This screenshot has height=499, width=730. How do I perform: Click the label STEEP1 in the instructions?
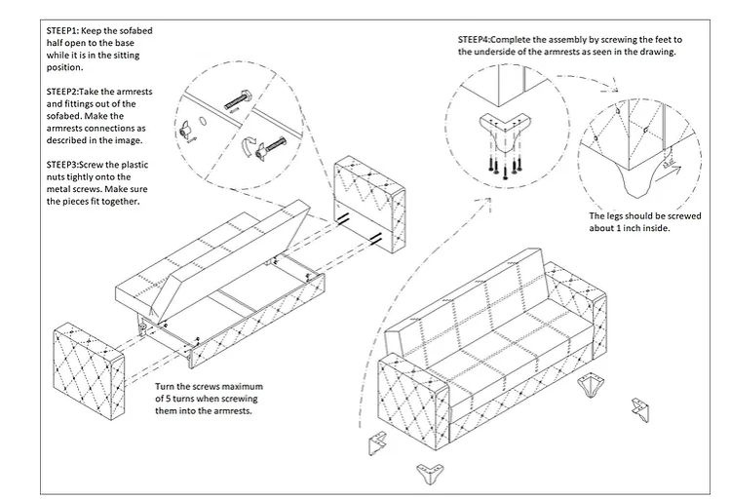63,31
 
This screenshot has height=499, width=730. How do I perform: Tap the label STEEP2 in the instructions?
62,92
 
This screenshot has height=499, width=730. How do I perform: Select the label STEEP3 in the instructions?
62,165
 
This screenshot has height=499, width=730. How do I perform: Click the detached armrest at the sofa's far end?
369,204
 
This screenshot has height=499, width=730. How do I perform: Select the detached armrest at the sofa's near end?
89,371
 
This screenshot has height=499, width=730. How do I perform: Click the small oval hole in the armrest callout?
203,120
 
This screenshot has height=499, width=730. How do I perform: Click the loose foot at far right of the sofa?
641,409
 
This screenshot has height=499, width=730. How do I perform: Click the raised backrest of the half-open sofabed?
230,260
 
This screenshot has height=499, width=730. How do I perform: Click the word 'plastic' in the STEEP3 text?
134,165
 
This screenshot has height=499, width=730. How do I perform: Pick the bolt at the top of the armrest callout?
238,100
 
